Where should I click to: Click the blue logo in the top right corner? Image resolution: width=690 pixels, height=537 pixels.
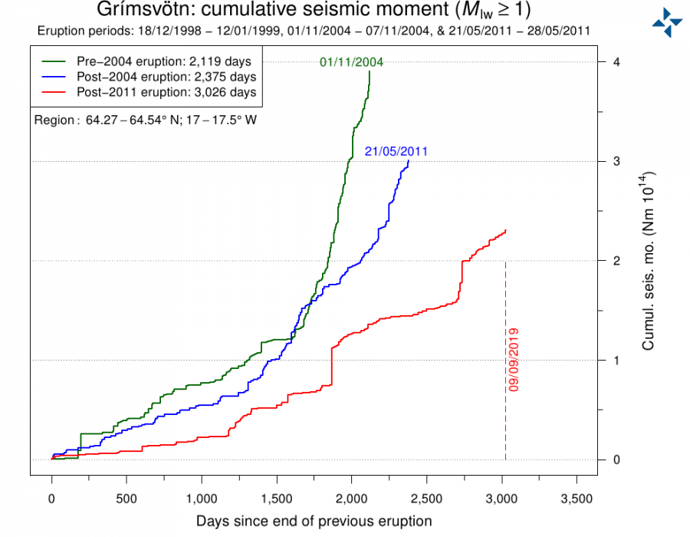point(667,22)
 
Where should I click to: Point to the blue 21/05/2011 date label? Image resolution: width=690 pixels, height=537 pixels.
point(396,152)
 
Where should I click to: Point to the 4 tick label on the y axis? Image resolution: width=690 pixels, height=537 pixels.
point(616,62)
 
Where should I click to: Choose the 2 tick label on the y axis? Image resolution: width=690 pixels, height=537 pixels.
point(616,261)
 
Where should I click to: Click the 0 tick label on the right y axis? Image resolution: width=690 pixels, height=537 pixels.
point(616,460)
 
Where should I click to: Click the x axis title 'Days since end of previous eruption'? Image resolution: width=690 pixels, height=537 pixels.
point(314,521)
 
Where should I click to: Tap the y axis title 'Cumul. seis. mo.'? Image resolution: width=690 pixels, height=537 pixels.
point(649,261)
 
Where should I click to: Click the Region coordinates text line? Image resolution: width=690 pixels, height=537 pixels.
point(146,120)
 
